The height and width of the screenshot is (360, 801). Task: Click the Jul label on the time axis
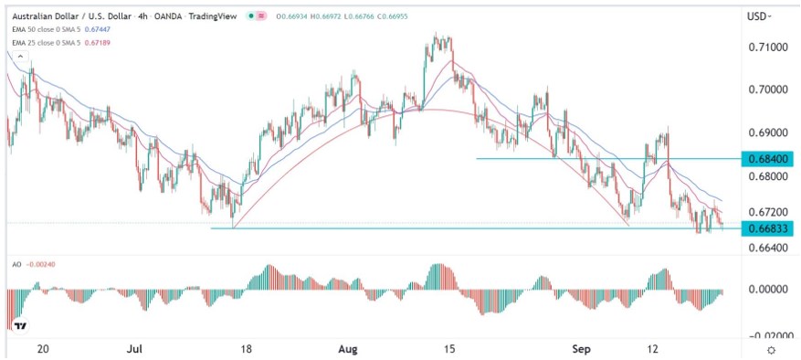[x=135, y=349]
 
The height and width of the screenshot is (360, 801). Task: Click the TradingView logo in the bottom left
[x=19, y=325]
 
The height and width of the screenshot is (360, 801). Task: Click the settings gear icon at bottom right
[x=773, y=349]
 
